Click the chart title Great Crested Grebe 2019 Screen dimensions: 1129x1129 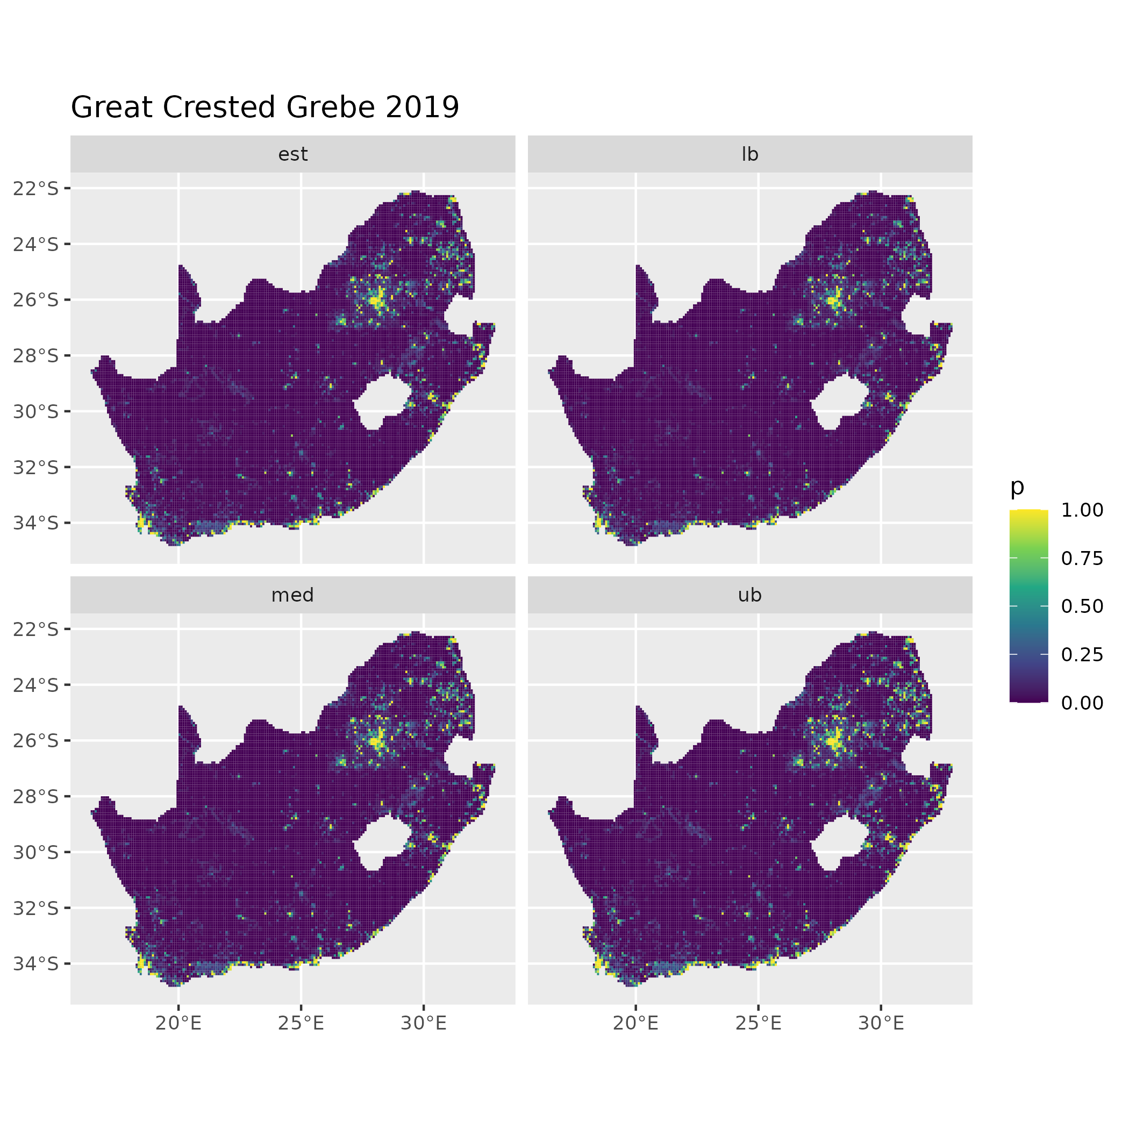[x=265, y=108]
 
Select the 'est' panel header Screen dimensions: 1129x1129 [x=293, y=154]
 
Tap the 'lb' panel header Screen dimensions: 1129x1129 [x=750, y=154]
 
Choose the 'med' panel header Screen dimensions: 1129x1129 [x=293, y=595]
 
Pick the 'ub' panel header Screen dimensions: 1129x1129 [x=750, y=595]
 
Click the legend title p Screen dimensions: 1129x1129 [x=1017, y=486]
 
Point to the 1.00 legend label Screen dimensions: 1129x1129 [x=1082, y=510]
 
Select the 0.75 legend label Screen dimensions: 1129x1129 [x=1082, y=559]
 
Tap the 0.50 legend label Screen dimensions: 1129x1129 [x=1082, y=606]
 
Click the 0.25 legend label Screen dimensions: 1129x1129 [x=1082, y=654]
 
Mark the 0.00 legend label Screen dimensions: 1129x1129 [x=1082, y=703]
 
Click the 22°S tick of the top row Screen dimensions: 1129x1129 [x=36, y=188]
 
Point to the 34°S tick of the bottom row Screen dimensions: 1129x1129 [x=36, y=963]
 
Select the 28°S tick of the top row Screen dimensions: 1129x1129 [x=36, y=355]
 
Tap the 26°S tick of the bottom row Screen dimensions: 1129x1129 [x=36, y=740]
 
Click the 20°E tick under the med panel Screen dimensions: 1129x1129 [x=179, y=1023]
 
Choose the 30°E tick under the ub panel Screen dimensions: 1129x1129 [x=881, y=1023]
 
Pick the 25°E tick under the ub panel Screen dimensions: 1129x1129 [x=759, y=1023]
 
